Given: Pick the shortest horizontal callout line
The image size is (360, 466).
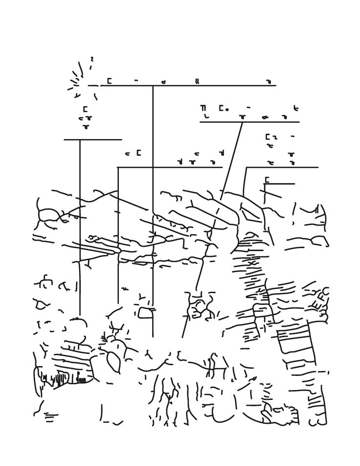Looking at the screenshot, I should pyautogui.click(x=280, y=184).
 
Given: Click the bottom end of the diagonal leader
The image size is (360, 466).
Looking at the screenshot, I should pyautogui.click(x=183, y=337).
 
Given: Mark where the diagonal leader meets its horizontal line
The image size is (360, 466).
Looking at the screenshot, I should pyautogui.click(x=242, y=122).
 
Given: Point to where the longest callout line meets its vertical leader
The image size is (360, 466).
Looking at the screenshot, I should pyautogui.click(x=153, y=86).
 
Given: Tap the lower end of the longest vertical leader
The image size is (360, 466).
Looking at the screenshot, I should pyautogui.click(x=153, y=337).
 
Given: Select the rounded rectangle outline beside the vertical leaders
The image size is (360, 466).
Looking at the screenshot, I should pyautogui.click(x=145, y=312).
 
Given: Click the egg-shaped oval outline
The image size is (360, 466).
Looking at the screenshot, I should pyautogui.click(x=113, y=362).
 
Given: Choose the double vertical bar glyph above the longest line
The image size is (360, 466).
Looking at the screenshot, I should pyautogui.click(x=197, y=82).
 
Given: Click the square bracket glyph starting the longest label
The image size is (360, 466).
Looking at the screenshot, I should pyautogui.click(x=109, y=81).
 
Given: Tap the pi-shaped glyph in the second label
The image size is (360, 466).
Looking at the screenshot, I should pyautogui.click(x=203, y=108).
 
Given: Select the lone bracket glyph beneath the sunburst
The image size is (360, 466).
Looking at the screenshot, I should pyautogui.click(x=85, y=110).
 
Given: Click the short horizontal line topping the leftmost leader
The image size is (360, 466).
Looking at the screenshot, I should pyautogui.click(x=92, y=140).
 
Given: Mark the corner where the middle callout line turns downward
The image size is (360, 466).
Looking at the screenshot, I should pyautogui.click(x=118, y=167).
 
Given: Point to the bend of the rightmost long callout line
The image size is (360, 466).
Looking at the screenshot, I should pyautogui.click(x=246, y=168).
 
